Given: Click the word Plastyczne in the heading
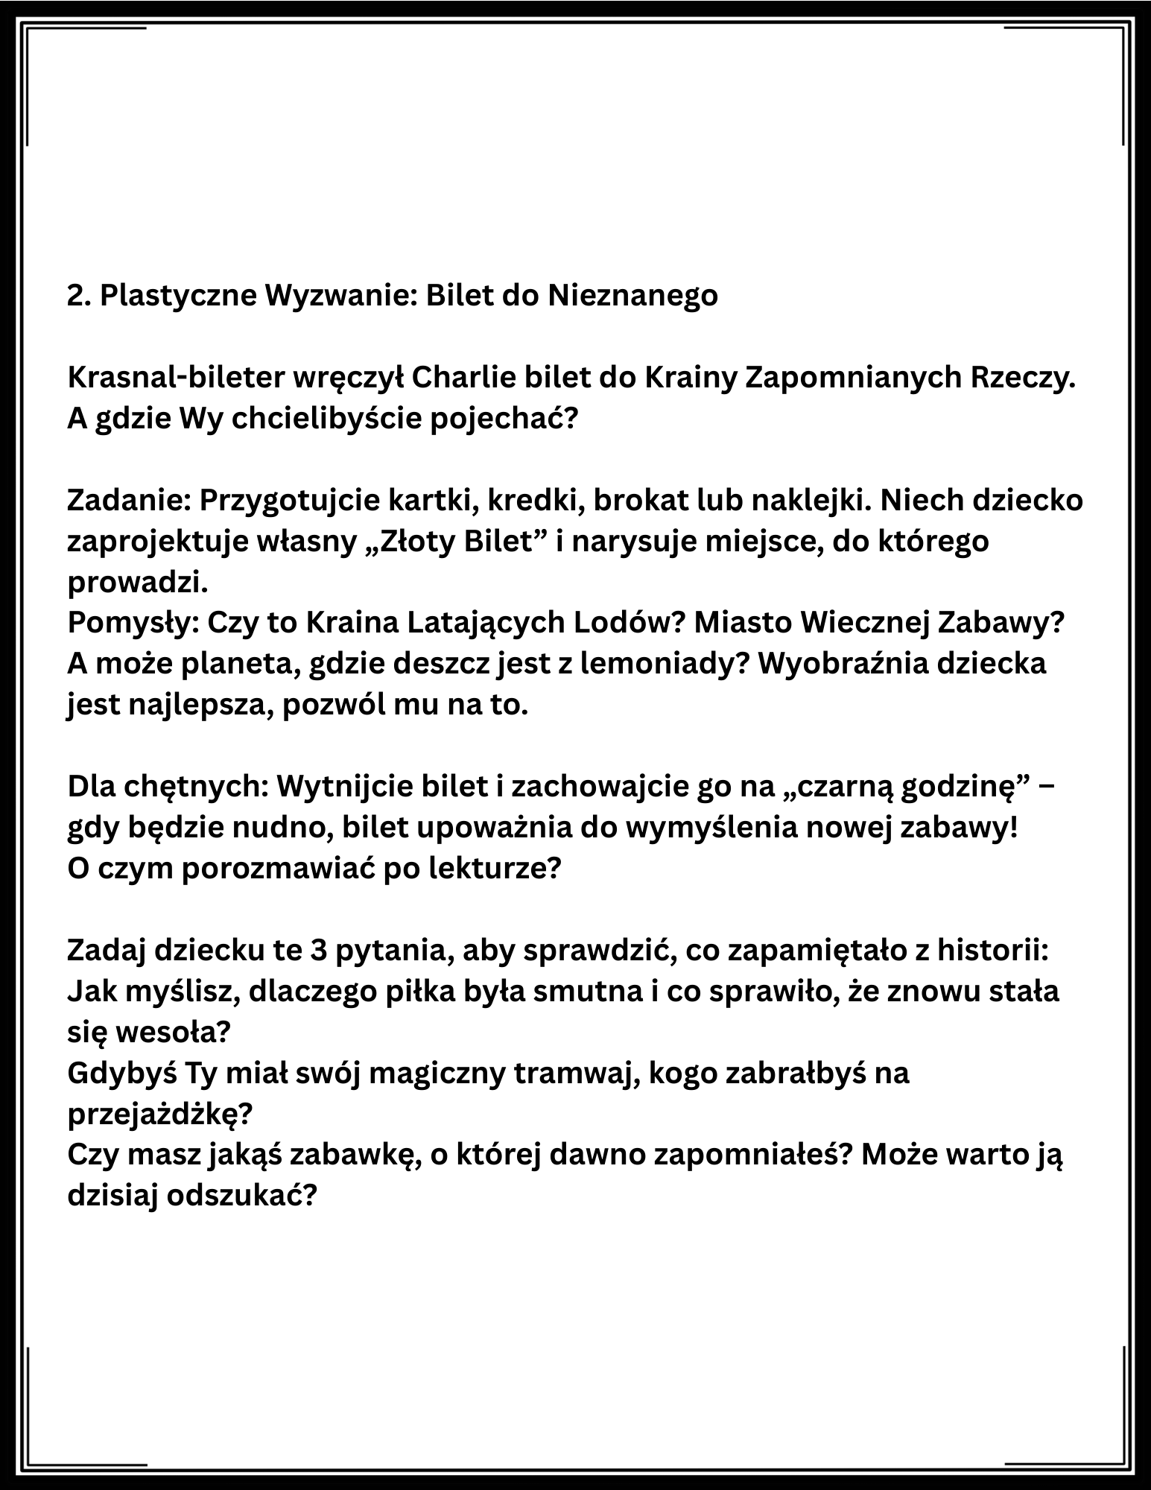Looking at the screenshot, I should (177, 296).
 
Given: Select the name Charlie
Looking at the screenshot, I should (457, 378).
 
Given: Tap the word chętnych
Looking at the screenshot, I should (194, 787).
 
